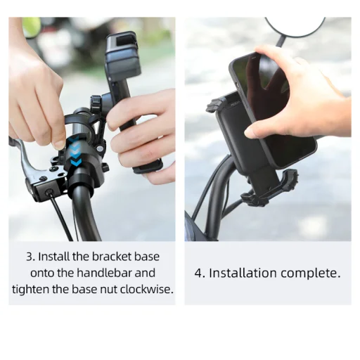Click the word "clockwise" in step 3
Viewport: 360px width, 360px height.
point(146,289)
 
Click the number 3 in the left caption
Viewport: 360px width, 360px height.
point(30,257)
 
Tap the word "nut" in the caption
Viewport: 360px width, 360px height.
point(109,290)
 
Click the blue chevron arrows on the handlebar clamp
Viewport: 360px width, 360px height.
point(75,152)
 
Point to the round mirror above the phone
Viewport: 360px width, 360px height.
point(295,26)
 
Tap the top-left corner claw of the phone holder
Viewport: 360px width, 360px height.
point(214,105)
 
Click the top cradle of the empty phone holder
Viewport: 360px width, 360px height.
point(122,53)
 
